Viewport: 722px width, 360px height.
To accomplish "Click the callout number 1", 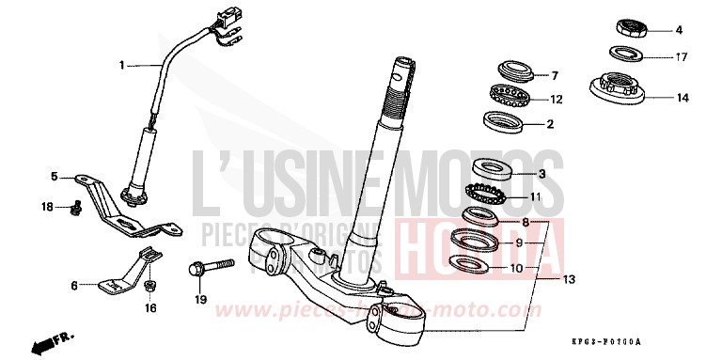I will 121,65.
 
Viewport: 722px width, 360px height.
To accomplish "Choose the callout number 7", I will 555,75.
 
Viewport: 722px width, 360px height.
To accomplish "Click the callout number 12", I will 556,99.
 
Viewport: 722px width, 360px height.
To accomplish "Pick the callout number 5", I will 55,176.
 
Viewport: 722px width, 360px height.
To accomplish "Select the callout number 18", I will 47,206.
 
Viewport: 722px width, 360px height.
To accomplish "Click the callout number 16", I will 149,307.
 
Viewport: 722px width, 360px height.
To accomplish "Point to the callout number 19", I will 200,300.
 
